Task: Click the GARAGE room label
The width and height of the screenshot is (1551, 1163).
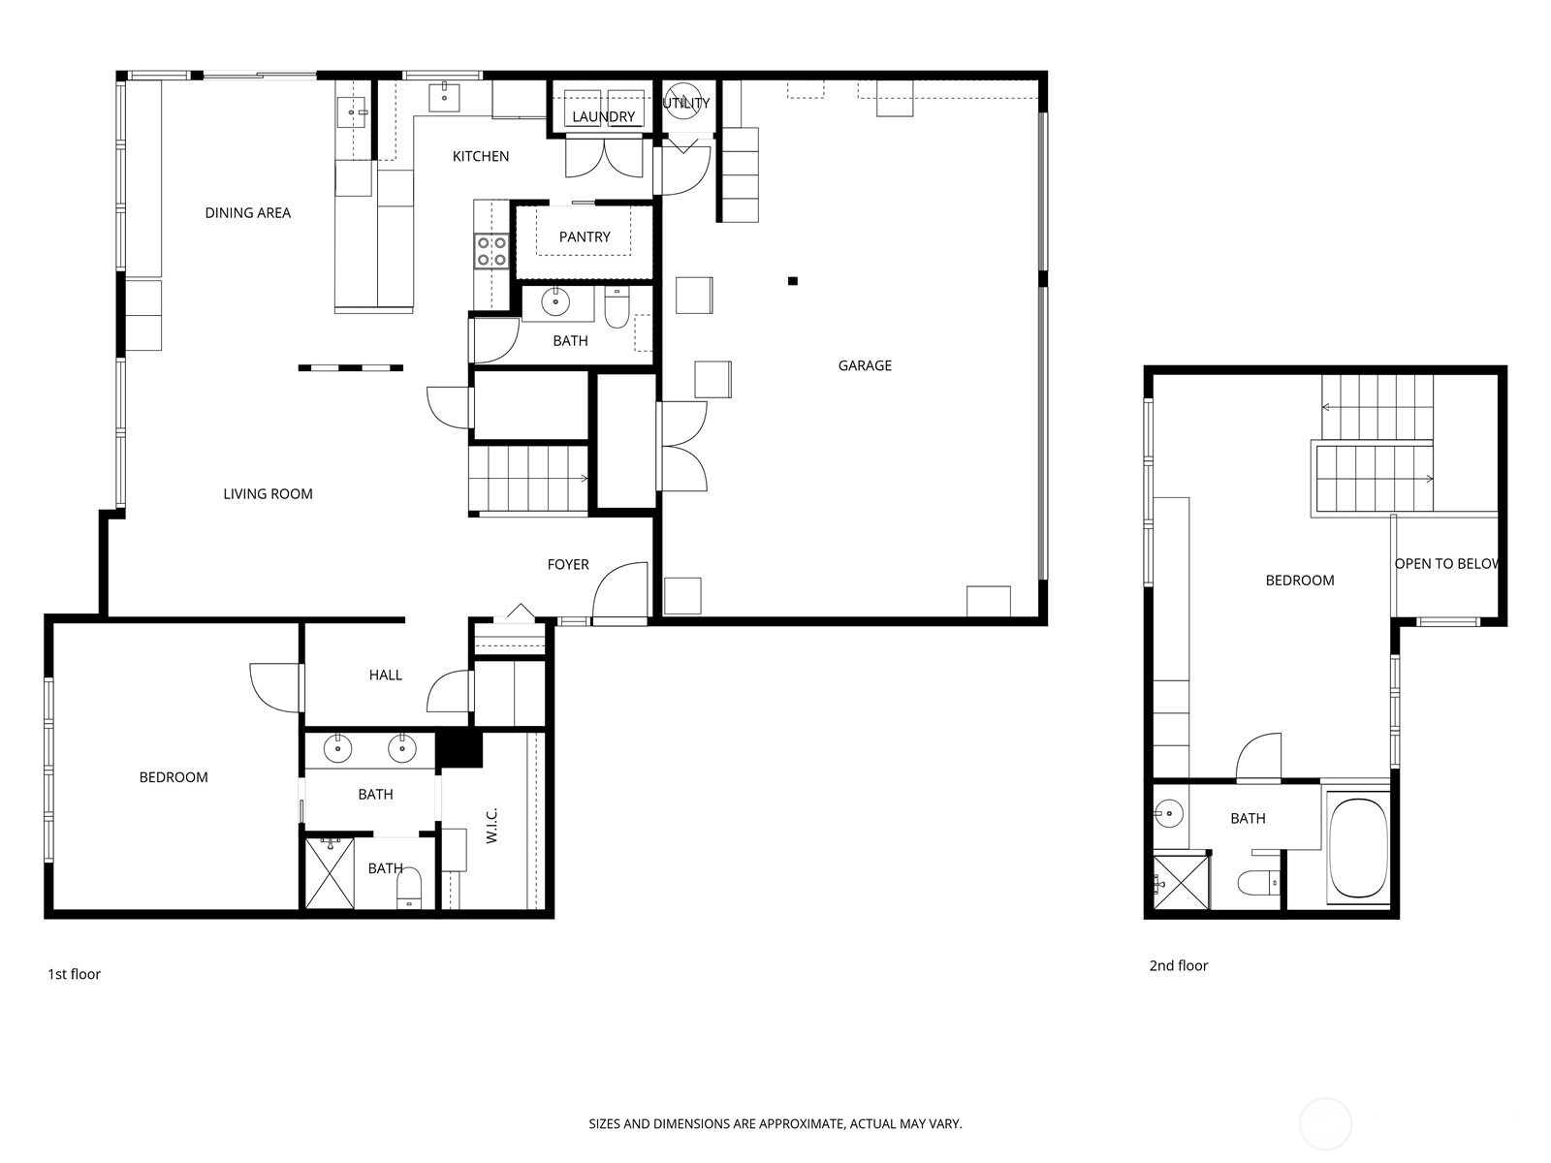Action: [864, 365]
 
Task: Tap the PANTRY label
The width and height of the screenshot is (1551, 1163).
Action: [585, 237]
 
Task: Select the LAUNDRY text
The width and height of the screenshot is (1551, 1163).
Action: [604, 116]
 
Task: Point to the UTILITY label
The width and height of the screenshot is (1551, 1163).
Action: [686, 103]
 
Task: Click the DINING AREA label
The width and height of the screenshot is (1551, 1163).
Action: [247, 213]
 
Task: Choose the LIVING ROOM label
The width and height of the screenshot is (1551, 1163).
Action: [268, 494]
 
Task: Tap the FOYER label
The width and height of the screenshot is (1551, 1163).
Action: [568, 565]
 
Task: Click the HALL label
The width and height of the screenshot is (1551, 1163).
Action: [385, 676]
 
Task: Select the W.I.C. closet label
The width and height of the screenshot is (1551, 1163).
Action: [492, 826]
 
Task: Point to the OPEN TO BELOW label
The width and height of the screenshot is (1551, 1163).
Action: [1446, 564]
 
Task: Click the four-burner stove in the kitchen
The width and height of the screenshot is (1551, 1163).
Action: [491, 251]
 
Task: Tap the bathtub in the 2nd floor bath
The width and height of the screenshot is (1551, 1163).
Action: [1358, 847]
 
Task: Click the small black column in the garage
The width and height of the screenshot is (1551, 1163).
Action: [793, 281]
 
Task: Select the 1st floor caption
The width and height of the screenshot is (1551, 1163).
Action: [75, 974]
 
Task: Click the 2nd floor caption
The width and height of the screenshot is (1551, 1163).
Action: [1179, 966]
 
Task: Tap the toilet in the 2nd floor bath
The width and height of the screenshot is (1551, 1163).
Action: [1258, 882]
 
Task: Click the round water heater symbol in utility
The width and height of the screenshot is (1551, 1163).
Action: [682, 101]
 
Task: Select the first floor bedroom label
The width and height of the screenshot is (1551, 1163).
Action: [174, 777]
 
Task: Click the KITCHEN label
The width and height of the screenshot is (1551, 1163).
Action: [481, 157]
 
